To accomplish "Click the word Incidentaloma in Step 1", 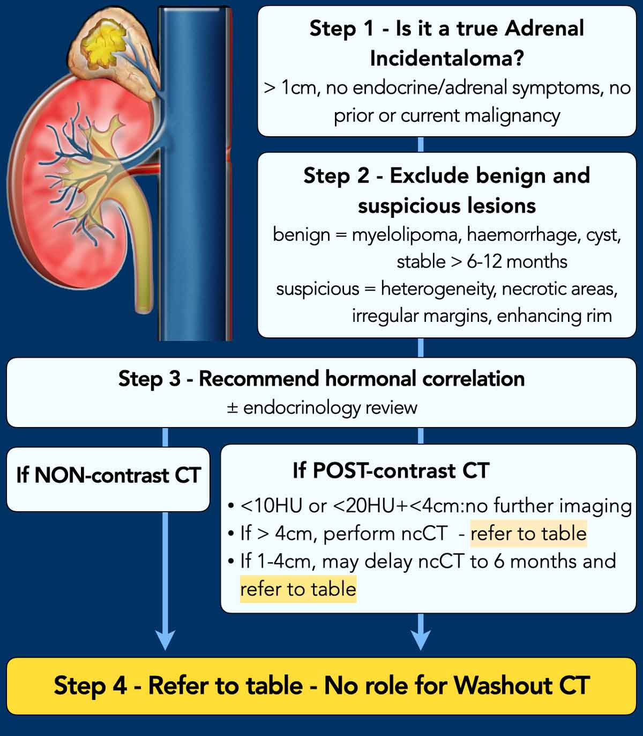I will click(446, 58).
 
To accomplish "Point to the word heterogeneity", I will click(438, 289).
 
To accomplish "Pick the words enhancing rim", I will click(554, 315).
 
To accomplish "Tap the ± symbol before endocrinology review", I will click(232, 408).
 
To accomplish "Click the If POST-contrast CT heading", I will click(391, 470).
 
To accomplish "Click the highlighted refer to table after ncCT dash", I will click(528, 534).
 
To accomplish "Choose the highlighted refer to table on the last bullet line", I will click(298, 589).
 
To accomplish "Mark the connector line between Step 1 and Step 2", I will click(421, 144).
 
